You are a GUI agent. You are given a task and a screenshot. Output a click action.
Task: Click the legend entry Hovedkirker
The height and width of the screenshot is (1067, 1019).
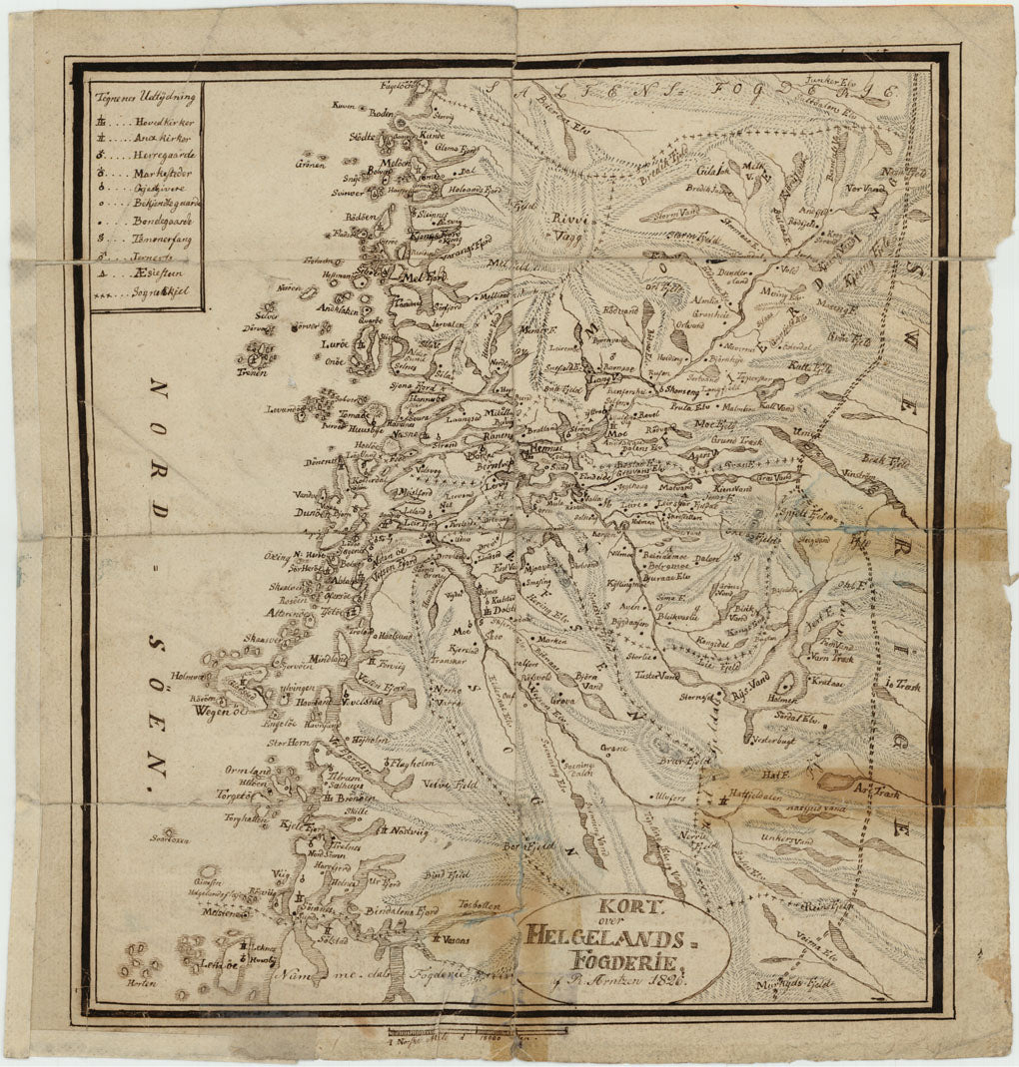[x=161, y=121]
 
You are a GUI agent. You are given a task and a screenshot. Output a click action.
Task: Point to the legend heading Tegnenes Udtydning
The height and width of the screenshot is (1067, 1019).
[x=143, y=98]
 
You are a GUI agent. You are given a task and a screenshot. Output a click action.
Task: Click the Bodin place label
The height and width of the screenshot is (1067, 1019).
[x=382, y=114]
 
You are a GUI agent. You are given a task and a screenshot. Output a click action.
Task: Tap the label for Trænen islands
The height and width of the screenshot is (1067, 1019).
[x=252, y=371]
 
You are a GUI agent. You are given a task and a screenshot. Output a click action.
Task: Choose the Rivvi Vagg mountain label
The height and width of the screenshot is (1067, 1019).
[x=568, y=229]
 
